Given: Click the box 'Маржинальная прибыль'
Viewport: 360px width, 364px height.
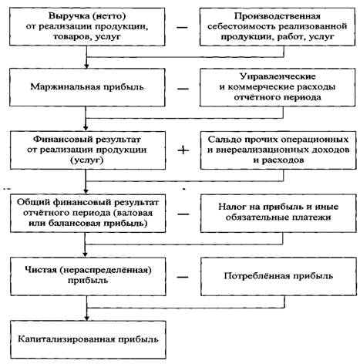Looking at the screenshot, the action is coord(87,87).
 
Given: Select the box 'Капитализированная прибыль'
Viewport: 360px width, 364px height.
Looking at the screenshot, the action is coord(88,339).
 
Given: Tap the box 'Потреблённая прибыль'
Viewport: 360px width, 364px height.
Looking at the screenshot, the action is coord(278,277).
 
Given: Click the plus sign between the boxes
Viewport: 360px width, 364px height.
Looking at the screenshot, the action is coord(183,150).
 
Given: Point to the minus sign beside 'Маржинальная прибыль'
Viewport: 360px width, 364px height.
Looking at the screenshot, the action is coord(183,89).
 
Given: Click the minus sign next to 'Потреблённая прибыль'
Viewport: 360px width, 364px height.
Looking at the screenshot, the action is coord(183,277).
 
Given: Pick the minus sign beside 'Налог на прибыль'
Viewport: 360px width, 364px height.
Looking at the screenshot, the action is coord(183,214).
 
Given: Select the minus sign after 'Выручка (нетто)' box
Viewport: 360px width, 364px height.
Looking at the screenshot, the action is coord(182,27).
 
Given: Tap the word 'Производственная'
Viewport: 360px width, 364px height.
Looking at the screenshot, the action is coord(278,16).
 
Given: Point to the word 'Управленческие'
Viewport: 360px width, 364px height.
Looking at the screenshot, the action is coord(278,76).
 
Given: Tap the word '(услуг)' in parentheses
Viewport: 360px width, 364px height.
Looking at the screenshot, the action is coord(87,160).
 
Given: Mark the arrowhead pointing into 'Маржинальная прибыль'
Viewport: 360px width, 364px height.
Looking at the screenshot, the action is coord(86,66).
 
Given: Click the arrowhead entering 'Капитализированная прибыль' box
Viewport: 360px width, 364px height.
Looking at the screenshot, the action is coord(87,318).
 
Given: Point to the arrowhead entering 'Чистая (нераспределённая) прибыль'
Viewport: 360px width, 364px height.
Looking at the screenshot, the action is coord(86,254).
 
